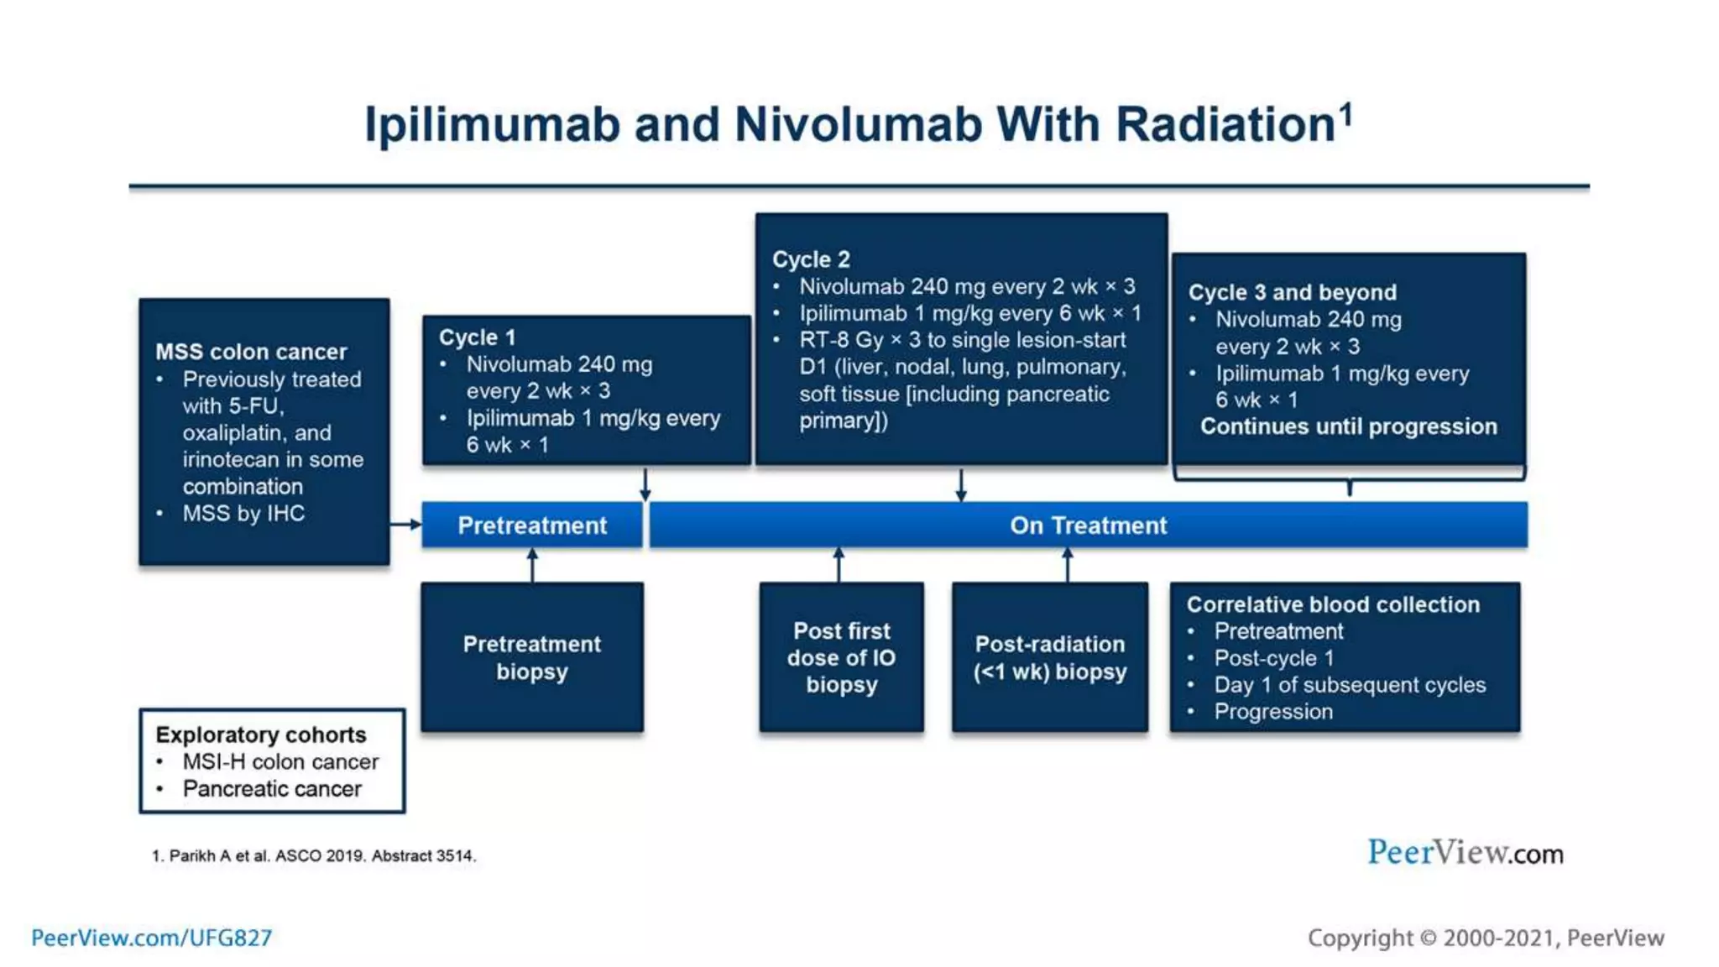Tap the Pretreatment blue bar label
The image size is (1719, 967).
[x=532, y=525]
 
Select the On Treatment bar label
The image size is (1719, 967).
[x=1088, y=525]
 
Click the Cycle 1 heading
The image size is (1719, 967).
[x=477, y=337]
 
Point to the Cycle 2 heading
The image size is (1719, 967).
[x=811, y=259]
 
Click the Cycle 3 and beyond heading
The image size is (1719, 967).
[x=1292, y=292]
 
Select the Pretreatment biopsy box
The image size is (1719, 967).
[x=532, y=657]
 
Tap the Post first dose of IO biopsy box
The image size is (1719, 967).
[x=841, y=657]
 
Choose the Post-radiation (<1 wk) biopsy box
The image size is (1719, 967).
[x=1049, y=657]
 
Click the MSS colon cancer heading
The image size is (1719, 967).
[x=251, y=352]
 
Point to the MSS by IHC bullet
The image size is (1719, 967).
[x=243, y=513]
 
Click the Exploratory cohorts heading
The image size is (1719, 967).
[x=261, y=734]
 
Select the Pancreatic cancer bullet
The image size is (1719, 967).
[x=272, y=789]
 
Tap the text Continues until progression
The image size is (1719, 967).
[x=1348, y=426]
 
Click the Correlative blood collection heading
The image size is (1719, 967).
[x=1333, y=604]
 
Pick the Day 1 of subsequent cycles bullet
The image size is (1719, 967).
[x=1350, y=685]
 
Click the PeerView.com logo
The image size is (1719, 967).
[x=1465, y=853]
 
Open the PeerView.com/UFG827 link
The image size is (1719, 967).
[x=152, y=938]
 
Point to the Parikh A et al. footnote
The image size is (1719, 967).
[x=314, y=855]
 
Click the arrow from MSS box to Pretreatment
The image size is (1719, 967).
[x=406, y=525]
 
